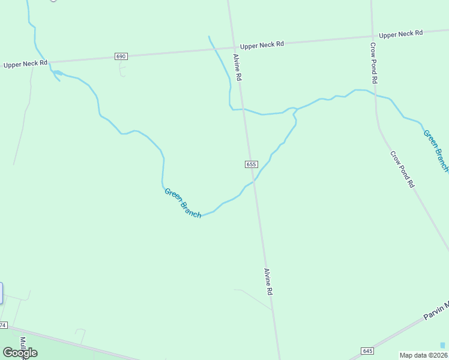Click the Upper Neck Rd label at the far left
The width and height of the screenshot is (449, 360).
(x=25, y=64)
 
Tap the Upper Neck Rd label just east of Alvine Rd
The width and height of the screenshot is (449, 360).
(x=262, y=46)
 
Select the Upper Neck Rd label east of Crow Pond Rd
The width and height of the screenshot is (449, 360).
(x=401, y=34)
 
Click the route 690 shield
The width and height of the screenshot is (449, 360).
(x=121, y=56)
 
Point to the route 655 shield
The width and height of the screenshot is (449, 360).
(x=251, y=164)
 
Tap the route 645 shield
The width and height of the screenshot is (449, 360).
(x=368, y=350)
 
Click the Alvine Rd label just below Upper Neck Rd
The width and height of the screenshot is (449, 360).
(x=238, y=67)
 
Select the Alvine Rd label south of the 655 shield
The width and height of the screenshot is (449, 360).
(x=269, y=281)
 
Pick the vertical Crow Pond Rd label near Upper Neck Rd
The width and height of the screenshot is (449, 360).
(x=373, y=62)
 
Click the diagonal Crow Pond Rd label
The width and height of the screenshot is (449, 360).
(x=402, y=170)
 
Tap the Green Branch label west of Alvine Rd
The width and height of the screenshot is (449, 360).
(x=182, y=203)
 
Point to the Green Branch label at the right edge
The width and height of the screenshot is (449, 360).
(x=436, y=150)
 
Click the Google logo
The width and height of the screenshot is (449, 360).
(x=20, y=353)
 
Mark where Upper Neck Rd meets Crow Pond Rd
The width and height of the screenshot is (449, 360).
(x=372, y=36)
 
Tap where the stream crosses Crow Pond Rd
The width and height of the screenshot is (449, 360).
(x=375, y=94)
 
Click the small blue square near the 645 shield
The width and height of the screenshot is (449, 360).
(x=443, y=345)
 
